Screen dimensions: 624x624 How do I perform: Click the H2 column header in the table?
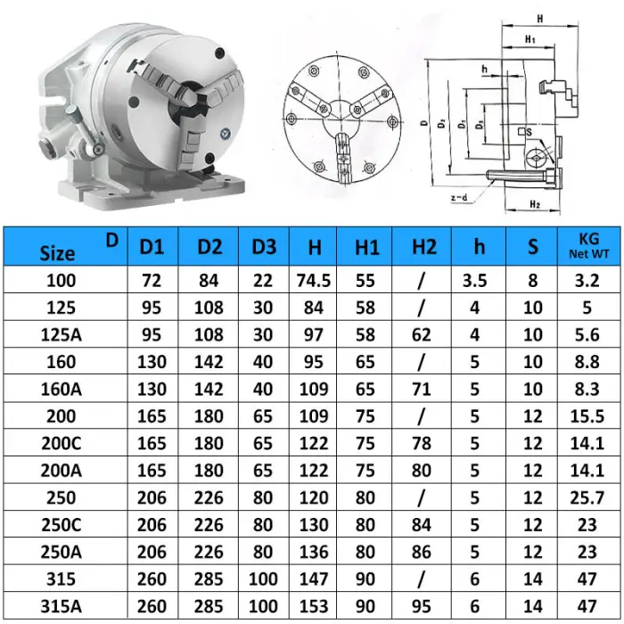(424, 247)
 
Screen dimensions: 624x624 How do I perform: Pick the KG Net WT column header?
(587, 247)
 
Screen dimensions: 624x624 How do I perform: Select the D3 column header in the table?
(263, 247)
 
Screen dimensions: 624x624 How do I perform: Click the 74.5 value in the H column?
(314, 281)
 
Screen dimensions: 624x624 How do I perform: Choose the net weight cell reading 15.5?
(587, 416)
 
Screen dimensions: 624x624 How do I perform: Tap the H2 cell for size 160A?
(423, 390)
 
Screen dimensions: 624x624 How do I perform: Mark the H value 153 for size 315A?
(314, 605)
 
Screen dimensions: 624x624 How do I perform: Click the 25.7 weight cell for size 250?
(587, 498)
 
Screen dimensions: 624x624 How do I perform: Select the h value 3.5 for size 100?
(474, 281)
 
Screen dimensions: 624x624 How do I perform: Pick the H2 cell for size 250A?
(423, 552)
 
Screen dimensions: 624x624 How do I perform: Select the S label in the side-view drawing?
(530, 134)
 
